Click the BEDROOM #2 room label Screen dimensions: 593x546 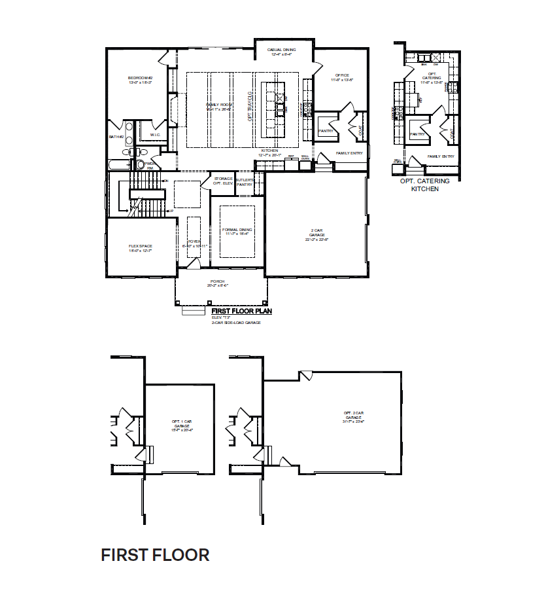(141, 80)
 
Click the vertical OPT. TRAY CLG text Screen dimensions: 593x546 (250, 107)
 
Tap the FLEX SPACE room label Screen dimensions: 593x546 (141, 248)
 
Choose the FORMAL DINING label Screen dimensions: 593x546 (237, 232)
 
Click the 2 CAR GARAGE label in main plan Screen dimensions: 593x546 (316, 234)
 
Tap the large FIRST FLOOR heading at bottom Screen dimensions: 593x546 (155, 555)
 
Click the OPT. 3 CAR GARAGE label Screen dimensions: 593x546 (354, 416)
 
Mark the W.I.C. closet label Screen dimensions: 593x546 (155, 135)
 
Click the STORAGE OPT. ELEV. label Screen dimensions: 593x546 (224, 181)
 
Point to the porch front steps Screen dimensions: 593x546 (194, 312)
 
